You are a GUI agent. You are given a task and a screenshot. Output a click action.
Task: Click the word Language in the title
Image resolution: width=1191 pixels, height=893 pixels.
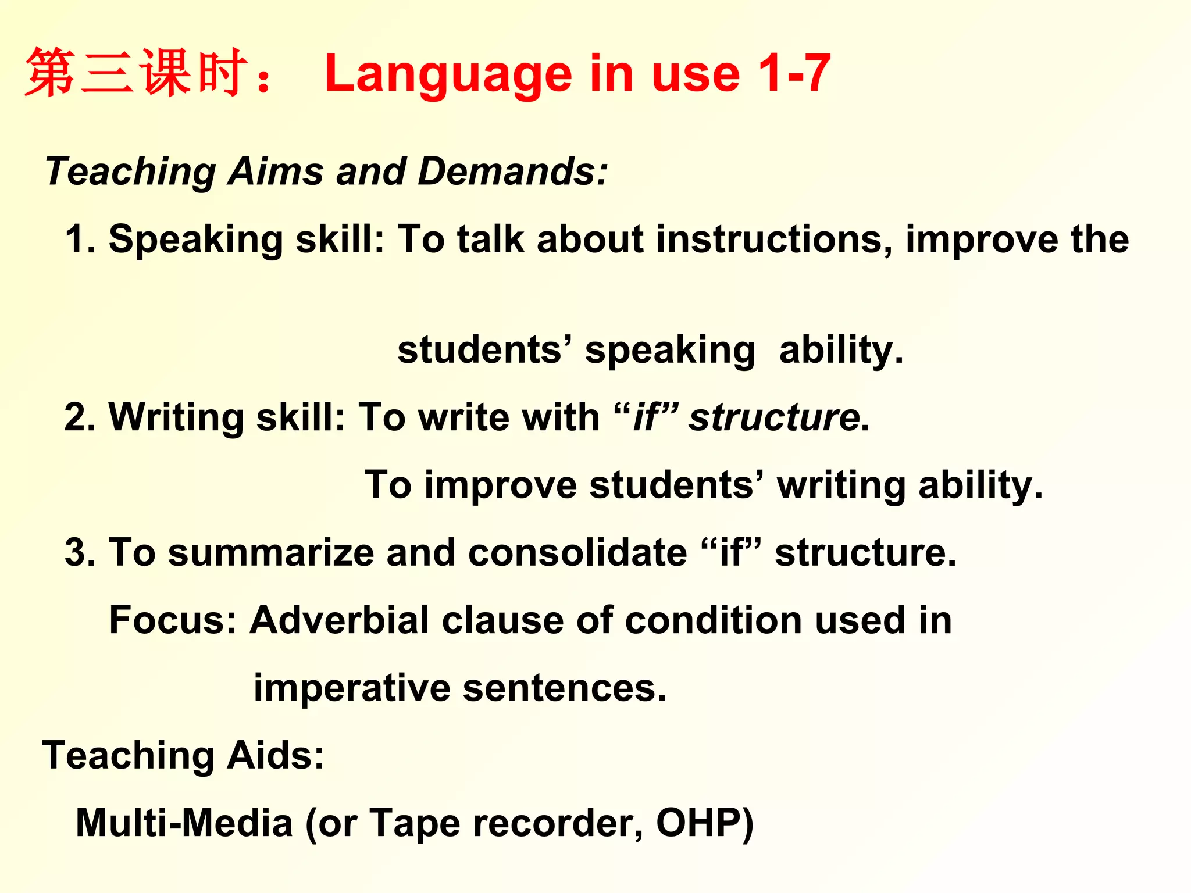[x=448, y=74]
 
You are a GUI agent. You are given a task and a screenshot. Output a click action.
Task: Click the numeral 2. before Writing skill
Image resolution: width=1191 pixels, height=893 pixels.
[x=80, y=417]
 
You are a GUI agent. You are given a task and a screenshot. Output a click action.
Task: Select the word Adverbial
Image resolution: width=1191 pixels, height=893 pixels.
[x=340, y=620]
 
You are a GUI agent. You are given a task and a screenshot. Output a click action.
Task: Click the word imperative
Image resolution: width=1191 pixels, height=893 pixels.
[x=352, y=688]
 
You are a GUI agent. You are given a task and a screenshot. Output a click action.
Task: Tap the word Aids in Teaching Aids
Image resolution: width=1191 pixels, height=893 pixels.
[x=275, y=755]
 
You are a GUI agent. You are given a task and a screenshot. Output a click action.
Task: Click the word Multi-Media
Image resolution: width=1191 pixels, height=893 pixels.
[x=184, y=823]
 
